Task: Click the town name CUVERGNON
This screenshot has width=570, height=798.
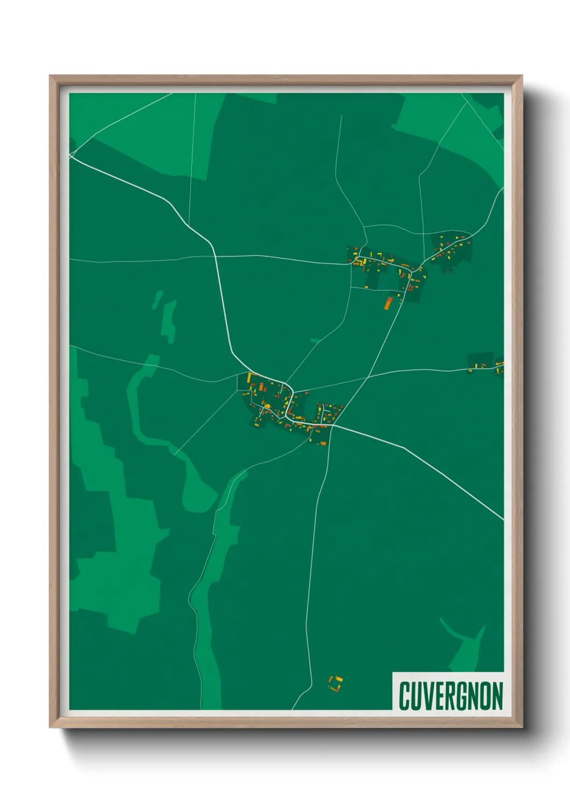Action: click(x=450, y=696)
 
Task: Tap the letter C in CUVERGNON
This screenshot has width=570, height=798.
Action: click(x=405, y=696)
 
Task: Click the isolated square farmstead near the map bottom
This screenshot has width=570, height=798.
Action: click(x=336, y=684)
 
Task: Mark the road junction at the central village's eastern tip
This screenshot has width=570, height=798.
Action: click(x=332, y=425)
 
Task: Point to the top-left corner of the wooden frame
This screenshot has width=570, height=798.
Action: click(x=50, y=76)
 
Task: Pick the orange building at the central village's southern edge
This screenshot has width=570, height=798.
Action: click(x=322, y=443)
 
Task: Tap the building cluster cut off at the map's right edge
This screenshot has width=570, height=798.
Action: click(x=499, y=366)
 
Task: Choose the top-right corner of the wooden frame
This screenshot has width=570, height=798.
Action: click(x=522, y=76)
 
